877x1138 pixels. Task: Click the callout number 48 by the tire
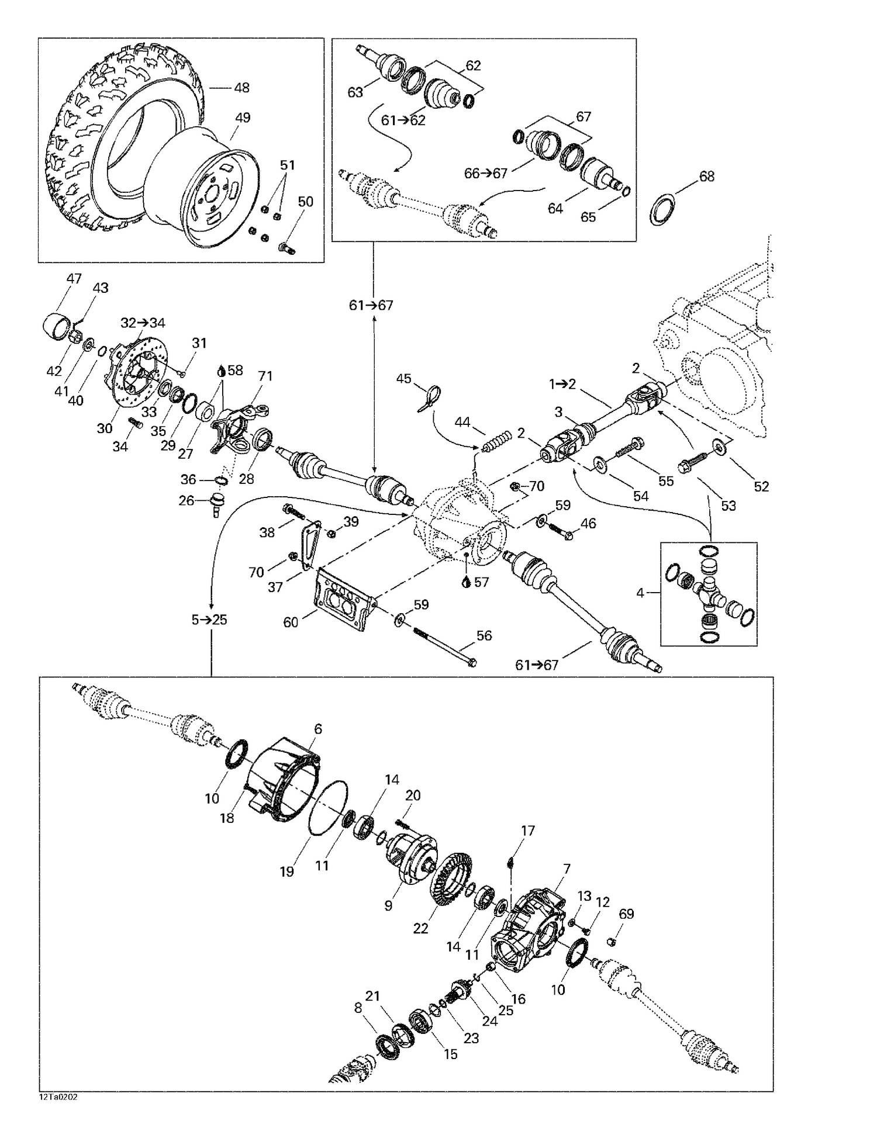241,88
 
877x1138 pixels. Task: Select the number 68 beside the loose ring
707,176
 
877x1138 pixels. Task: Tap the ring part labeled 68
662,210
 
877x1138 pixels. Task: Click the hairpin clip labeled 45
429,400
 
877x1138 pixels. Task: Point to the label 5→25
209,620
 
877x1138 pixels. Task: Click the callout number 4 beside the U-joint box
640,593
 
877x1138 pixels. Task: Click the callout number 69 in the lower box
626,914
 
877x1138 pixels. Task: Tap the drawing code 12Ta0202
58,1097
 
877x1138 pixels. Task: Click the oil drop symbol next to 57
466,582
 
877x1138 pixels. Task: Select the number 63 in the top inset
355,92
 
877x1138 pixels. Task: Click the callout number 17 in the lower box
528,831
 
